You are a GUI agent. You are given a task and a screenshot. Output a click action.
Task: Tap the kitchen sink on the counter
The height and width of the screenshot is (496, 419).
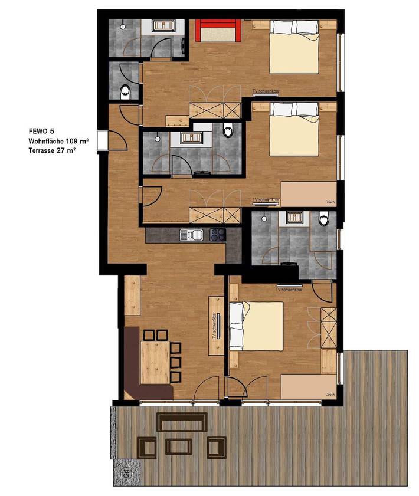(192, 235)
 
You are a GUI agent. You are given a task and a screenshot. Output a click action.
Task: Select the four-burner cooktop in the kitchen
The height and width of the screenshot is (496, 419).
(218, 234)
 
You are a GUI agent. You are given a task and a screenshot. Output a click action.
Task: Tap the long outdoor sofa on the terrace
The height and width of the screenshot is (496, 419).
(182, 422)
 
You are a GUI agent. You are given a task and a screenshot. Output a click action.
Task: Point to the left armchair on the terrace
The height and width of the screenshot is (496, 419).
(147, 446)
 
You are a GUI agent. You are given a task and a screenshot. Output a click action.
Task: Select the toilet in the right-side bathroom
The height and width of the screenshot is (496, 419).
(323, 220)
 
